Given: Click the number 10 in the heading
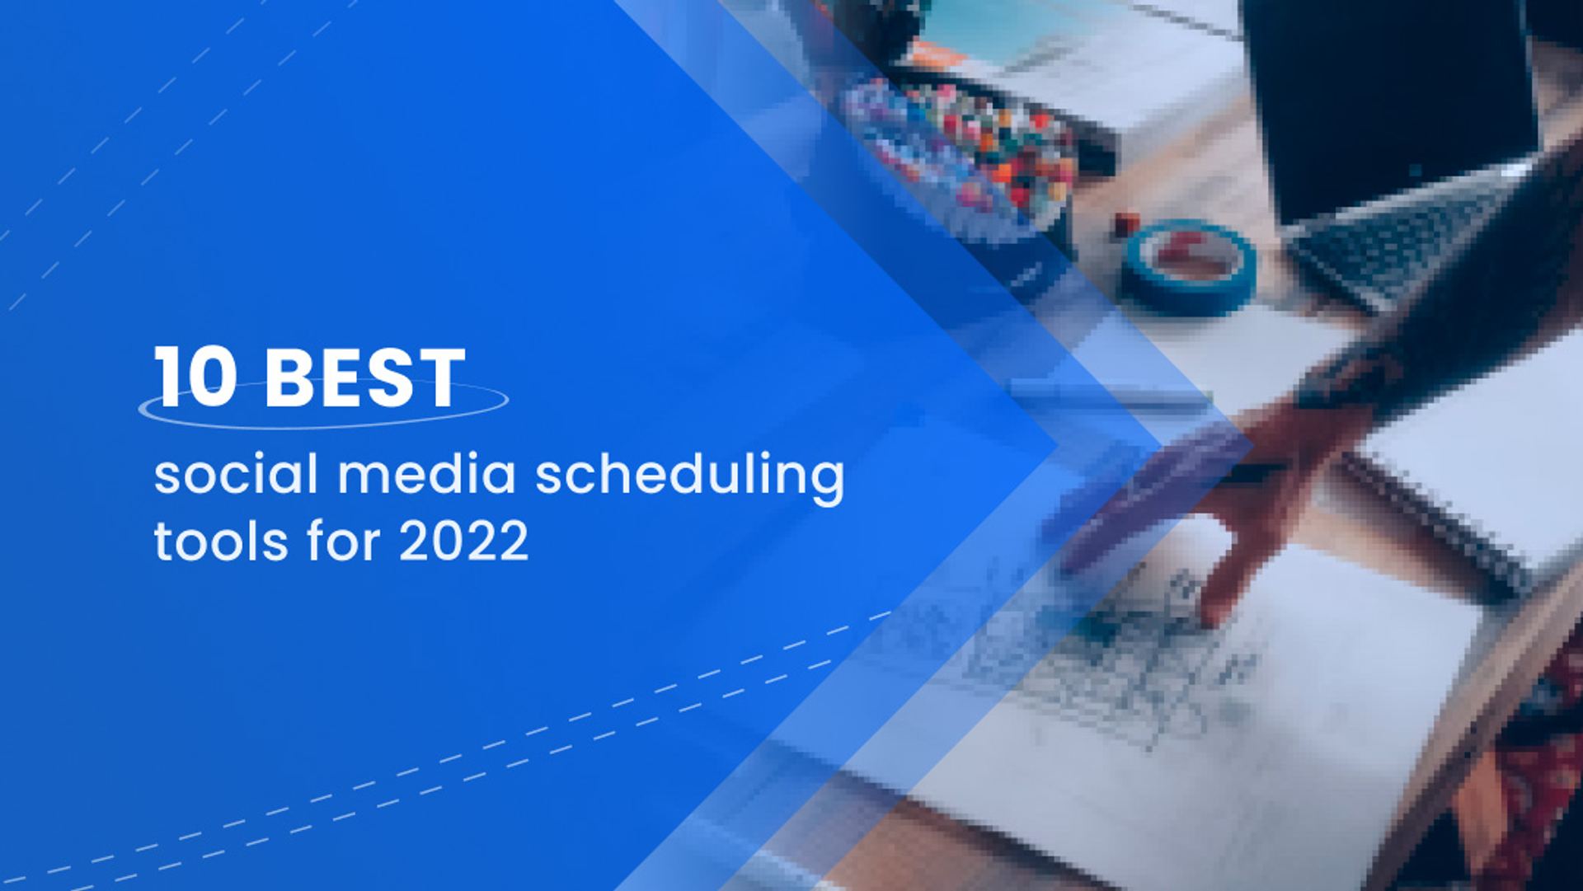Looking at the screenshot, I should pyautogui.click(x=195, y=377).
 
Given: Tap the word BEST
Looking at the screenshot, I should pyautogui.click(x=365, y=378).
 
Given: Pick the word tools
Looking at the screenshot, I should pyautogui.click(x=221, y=542).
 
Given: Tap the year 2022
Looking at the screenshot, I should pyautogui.click(x=464, y=542).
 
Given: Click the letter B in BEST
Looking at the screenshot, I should pyautogui.click(x=289, y=378).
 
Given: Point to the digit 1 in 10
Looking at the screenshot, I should pyautogui.click(x=167, y=377).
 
